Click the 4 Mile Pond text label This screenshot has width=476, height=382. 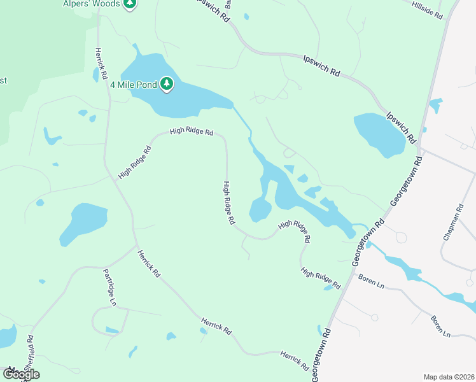(134, 84)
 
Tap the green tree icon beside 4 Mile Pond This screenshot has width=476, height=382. (167, 83)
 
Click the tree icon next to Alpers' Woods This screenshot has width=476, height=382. (130, 3)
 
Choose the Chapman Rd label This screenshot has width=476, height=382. (454, 222)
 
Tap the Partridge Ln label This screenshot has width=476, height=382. (109, 287)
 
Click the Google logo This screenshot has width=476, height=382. (20, 374)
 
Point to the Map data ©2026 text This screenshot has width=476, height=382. (449, 377)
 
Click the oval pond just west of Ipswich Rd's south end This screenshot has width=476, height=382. (379, 134)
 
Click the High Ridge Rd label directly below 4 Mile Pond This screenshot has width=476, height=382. (191, 132)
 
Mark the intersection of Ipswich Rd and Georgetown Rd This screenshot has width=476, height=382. (420, 150)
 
